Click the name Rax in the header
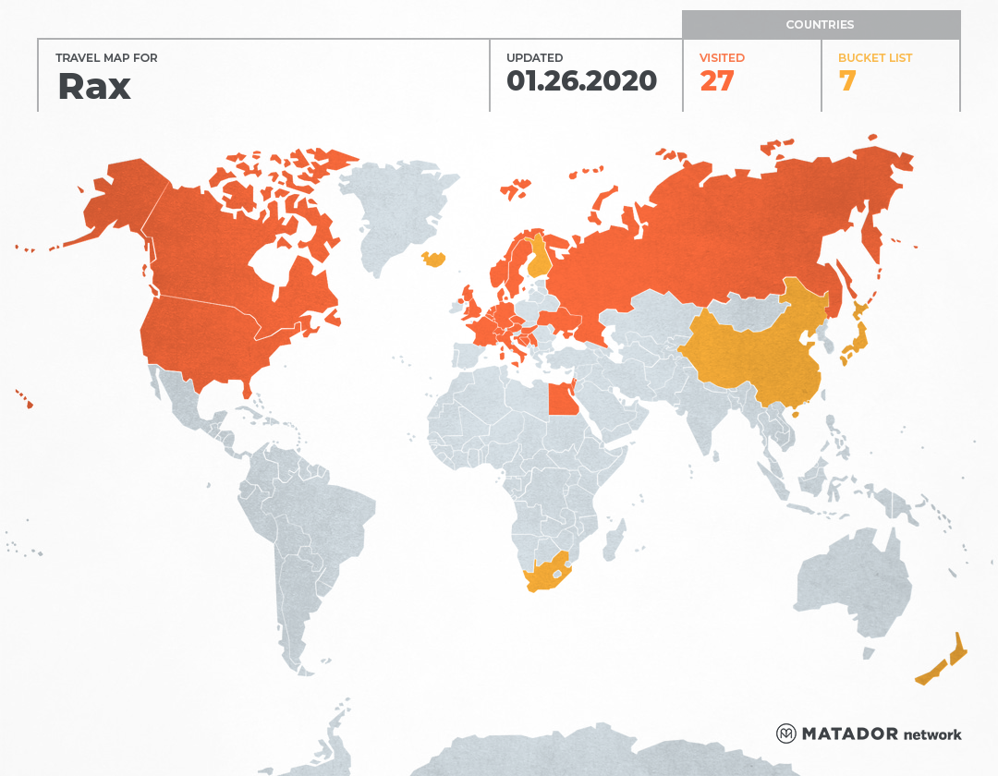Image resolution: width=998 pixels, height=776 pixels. (x=94, y=86)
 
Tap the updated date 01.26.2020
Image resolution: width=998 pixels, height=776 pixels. (x=581, y=81)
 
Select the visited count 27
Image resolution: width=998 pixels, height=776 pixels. (x=716, y=81)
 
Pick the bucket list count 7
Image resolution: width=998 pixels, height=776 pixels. (x=846, y=81)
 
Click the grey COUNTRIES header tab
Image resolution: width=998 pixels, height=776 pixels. (x=820, y=25)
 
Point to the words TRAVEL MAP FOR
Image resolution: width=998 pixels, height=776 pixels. (x=107, y=58)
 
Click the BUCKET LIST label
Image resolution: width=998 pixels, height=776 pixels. (x=874, y=58)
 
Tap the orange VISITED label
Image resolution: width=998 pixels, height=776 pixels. (x=722, y=58)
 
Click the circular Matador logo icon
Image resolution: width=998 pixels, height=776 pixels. (x=785, y=734)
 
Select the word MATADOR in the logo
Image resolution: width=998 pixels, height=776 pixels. (x=849, y=734)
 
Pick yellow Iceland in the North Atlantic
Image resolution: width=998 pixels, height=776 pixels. (x=433, y=260)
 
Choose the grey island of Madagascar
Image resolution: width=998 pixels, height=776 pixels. (x=611, y=540)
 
